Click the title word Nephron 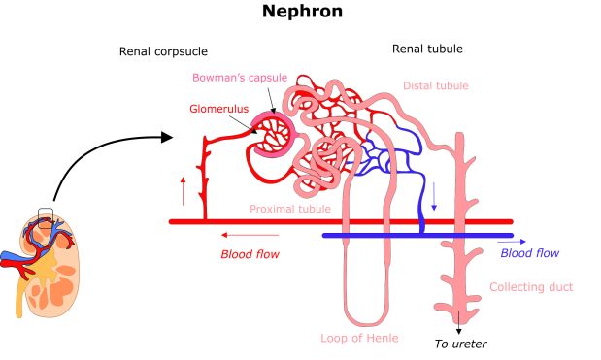301,13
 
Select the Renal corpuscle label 163,51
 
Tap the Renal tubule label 427,49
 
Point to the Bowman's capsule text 232,76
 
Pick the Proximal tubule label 290,209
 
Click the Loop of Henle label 360,338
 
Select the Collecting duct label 530,287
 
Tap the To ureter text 460,344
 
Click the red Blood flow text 250,255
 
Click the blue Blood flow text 529,253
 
